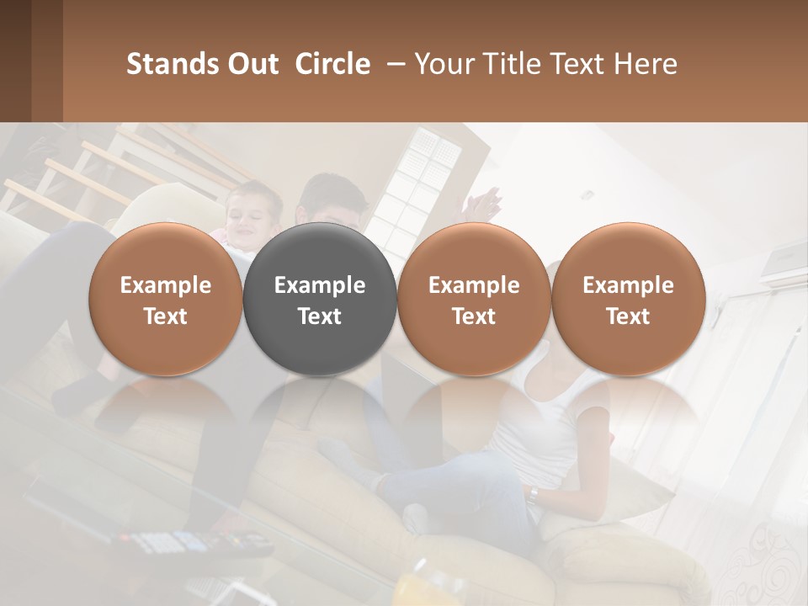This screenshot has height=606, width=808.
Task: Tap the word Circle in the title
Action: pyautogui.click(x=332, y=64)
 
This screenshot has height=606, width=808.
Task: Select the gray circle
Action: pyautogui.click(x=320, y=299)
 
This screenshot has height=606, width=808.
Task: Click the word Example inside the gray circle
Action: pyautogui.click(x=320, y=285)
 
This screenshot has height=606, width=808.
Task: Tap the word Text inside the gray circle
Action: pyautogui.click(x=320, y=316)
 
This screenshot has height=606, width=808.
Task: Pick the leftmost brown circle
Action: pyautogui.click(x=166, y=299)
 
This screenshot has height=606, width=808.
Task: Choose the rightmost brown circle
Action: pyautogui.click(x=628, y=299)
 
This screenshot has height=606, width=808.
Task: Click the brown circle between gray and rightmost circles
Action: pyautogui.click(x=474, y=299)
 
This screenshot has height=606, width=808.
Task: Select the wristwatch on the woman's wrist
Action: pyautogui.click(x=534, y=494)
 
